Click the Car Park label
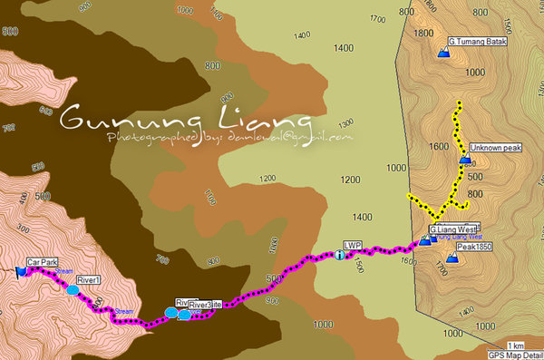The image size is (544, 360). pyautogui.click(x=42, y=261)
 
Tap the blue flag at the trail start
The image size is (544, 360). pyautogui.click(x=20, y=269)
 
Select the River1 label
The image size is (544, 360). pyautogui.click(x=88, y=279)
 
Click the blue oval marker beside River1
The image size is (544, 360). pyautogui.click(x=71, y=289)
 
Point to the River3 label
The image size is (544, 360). pyautogui.click(x=199, y=305)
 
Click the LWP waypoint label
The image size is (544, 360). pyautogui.click(x=353, y=245)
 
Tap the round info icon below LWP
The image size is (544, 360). pyautogui.click(x=340, y=255)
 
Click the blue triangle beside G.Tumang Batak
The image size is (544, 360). pyautogui.click(x=442, y=54)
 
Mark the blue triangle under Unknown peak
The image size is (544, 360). pyautogui.click(x=465, y=160)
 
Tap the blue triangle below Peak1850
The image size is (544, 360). pyautogui.click(x=452, y=259)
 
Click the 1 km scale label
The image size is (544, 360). pyautogui.click(x=515, y=345)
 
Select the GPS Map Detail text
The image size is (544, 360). pyautogui.click(x=515, y=355)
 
